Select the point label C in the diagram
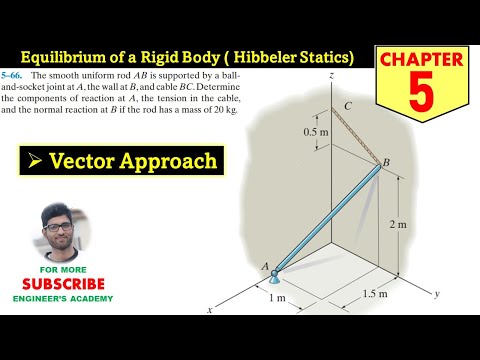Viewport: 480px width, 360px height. [x=346, y=105]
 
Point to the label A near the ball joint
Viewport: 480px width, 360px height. [x=265, y=265]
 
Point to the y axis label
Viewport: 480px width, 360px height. [x=438, y=295]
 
